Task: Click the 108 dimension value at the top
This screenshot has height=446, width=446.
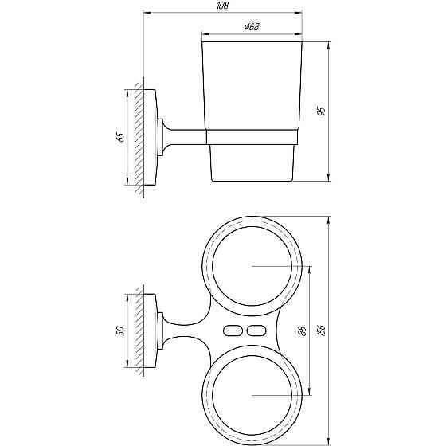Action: [223, 7]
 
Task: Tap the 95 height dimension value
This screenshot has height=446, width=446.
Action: [320, 111]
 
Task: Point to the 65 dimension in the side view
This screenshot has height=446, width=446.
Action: [120, 136]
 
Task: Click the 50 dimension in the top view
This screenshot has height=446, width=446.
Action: [120, 330]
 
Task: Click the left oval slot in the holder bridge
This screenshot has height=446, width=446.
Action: [234, 330]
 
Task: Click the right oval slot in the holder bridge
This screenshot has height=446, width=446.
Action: [256, 330]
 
